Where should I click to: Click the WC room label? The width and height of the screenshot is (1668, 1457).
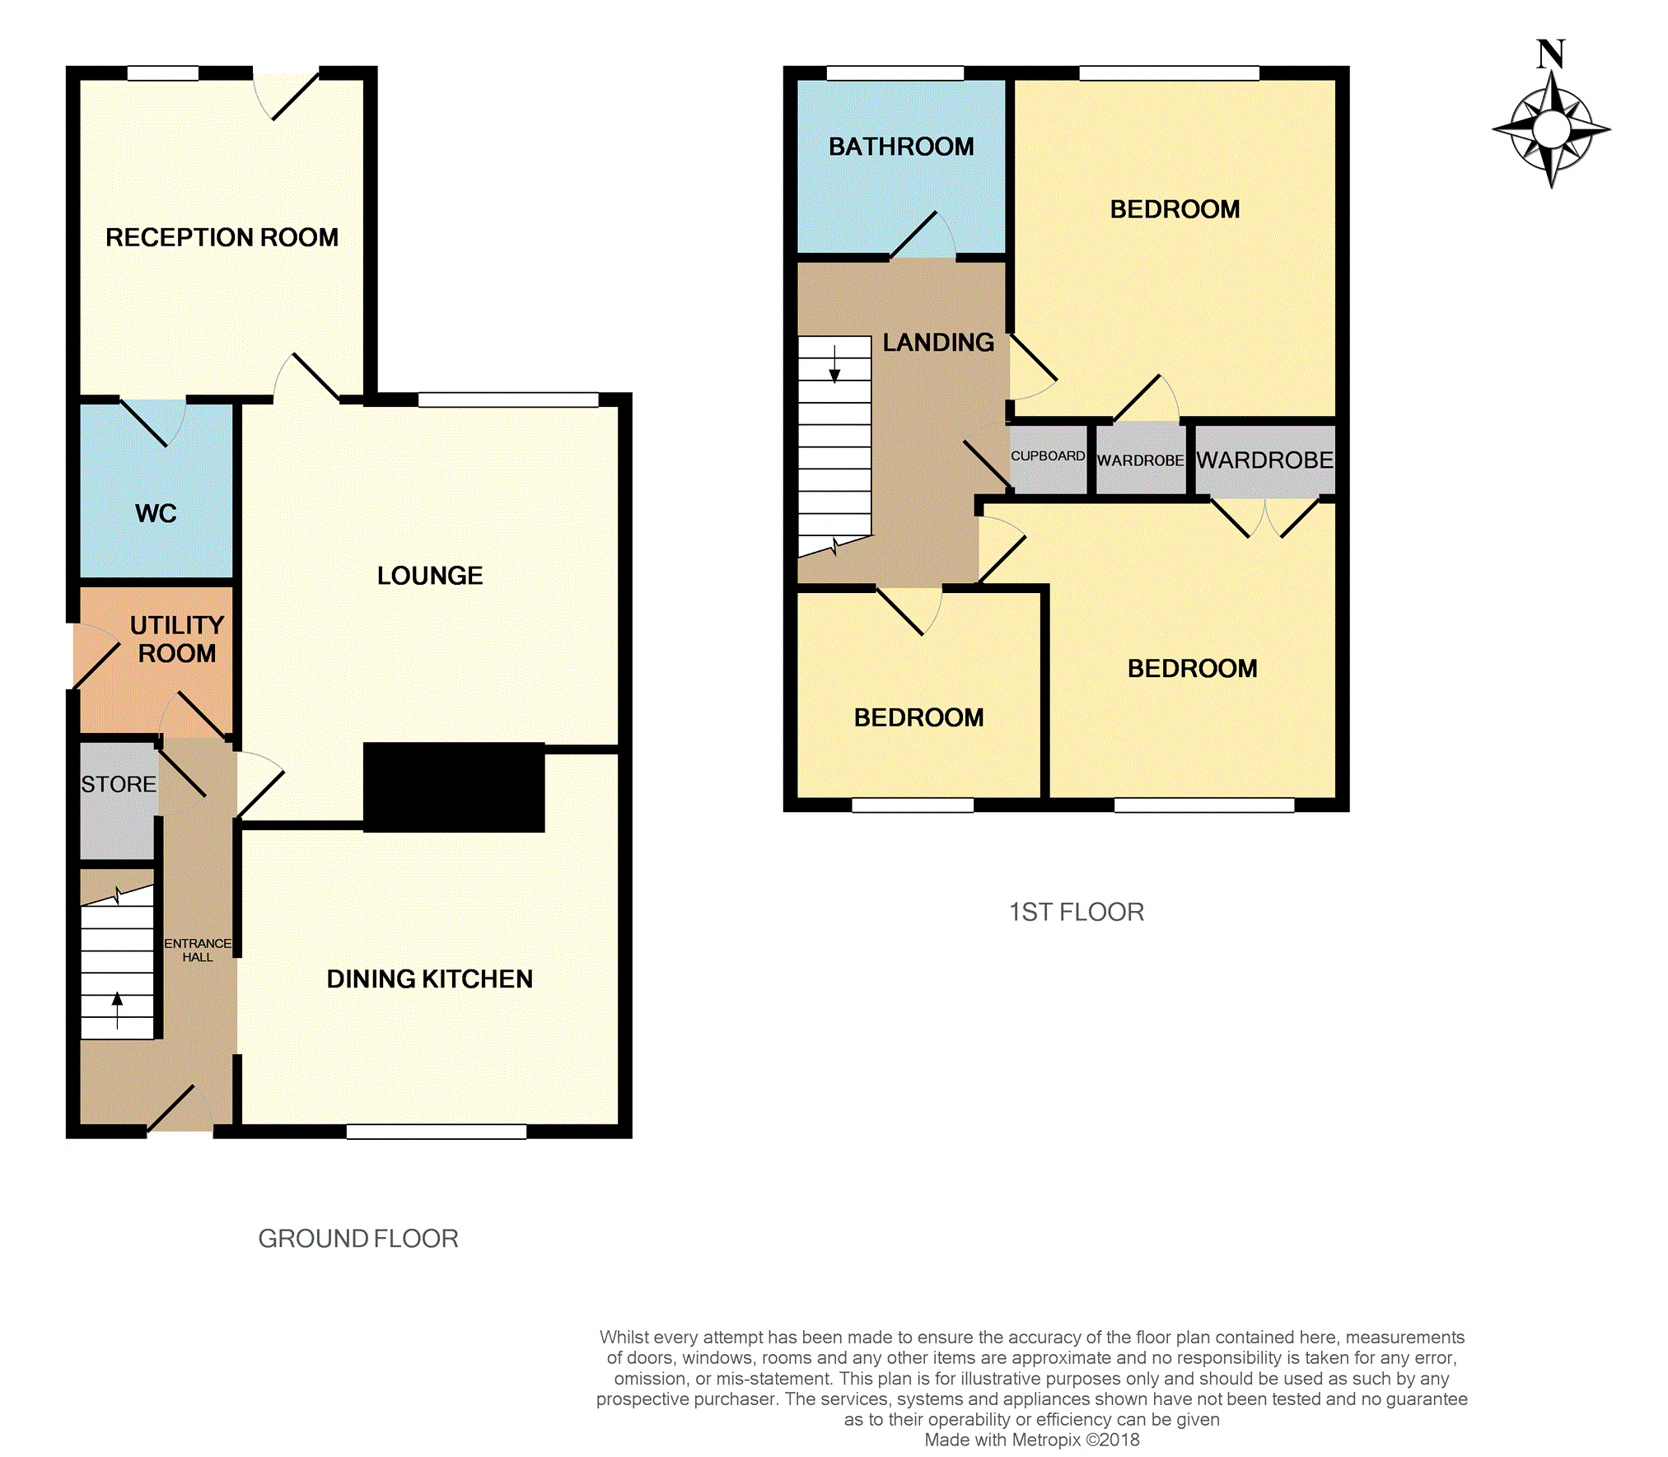[x=156, y=513]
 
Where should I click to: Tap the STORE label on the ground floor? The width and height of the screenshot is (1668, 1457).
[x=119, y=784]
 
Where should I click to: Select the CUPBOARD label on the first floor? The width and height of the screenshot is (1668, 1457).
[x=1048, y=455]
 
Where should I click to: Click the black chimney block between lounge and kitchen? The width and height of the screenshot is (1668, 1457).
[x=454, y=787]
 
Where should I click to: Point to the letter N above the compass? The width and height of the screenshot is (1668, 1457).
[x=1551, y=54]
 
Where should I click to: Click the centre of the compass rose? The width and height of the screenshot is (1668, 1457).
[x=1552, y=129]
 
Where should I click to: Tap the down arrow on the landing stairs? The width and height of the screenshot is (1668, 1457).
[x=834, y=364]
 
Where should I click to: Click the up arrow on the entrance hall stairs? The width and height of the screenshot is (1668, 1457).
[x=117, y=1011]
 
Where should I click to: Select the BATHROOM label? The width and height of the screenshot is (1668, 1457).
[x=901, y=147]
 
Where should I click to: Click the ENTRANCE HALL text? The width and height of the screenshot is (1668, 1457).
[x=198, y=950]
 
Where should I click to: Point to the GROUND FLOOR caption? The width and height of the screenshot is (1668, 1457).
[x=358, y=1239]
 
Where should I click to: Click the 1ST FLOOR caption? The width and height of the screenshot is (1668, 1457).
[x=1077, y=912]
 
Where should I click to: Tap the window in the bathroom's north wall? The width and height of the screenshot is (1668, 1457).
[x=895, y=73]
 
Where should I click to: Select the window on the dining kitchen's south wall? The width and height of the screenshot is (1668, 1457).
[x=437, y=1132]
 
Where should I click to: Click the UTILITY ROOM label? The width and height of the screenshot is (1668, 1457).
[x=177, y=639]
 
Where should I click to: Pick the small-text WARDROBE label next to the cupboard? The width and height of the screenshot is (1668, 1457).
[x=1140, y=460]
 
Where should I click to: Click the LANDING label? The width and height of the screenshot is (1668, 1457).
[x=938, y=343]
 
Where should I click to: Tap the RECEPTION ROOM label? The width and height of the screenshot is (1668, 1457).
[x=222, y=237]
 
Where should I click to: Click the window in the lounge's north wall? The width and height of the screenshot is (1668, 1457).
[x=508, y=400]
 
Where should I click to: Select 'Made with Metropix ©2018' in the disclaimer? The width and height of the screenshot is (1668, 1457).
[x=1032, y=1440]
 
